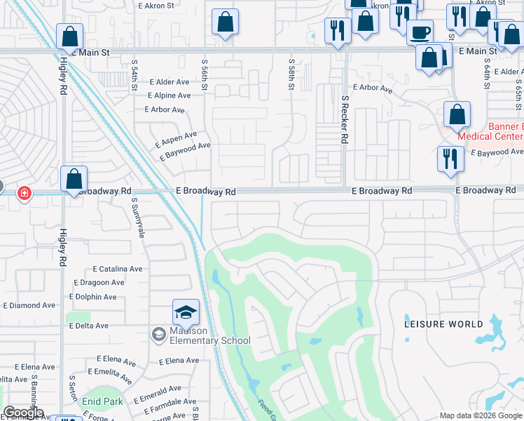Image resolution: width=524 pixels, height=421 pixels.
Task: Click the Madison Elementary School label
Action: click(209, 336)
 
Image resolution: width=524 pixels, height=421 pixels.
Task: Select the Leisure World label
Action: click(443, 324)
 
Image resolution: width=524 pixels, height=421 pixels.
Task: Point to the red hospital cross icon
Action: click(24, 193)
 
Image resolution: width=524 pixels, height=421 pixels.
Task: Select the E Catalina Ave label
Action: click(118, 269)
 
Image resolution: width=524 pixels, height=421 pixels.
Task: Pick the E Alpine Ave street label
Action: click(169, 95)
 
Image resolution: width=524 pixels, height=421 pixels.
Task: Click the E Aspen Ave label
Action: click(175, 139)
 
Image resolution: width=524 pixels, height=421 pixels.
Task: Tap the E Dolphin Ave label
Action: click(92, 297)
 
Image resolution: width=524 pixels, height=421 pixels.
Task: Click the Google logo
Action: click(22, 413)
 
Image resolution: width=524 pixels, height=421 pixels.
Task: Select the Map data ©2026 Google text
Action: click(481, 415)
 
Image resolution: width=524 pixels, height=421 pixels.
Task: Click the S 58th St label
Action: click(291, 73)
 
